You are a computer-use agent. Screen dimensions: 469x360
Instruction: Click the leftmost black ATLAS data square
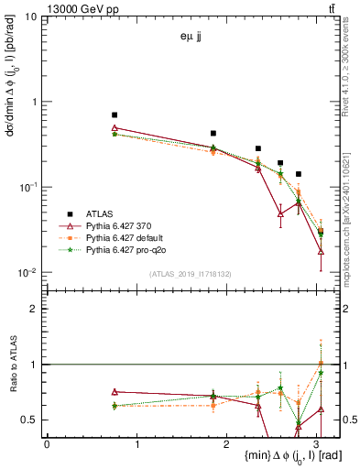pos(115,115)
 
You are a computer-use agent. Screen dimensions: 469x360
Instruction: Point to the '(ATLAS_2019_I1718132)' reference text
pos(190,273)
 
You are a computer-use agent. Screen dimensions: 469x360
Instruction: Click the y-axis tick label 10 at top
pos(31,17)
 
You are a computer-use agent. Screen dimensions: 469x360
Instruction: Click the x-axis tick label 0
pos(47,445)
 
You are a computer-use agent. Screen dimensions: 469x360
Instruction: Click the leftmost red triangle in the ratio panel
pos(115,392)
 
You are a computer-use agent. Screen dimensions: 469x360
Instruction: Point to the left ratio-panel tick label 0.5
pos(31,420)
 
